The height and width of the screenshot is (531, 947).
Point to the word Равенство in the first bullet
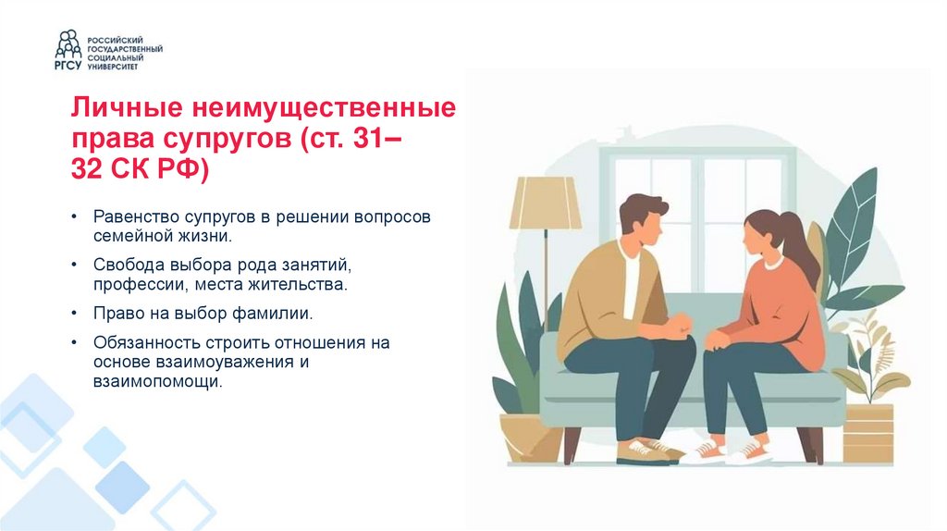click(132, 216)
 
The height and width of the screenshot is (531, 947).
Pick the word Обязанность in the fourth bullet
click(139, 343)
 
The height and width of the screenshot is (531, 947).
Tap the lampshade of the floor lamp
click(546, 203)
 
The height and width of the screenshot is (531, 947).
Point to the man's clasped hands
click(679, 326)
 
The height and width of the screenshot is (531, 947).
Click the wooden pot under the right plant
click(867, 433)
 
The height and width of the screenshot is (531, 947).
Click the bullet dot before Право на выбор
click(73, 314)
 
